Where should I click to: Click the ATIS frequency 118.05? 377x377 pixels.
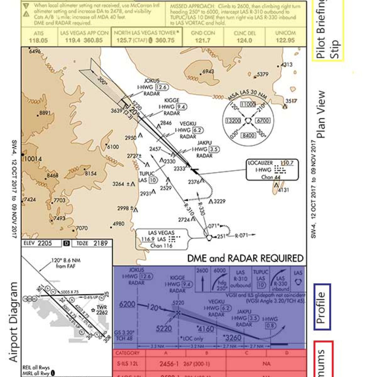pyautogui.click(x=38, y=40)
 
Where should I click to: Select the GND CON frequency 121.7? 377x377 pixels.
pyautogui.click(x=203, y=40)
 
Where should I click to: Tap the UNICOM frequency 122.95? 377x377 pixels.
pyautogui.click(x=285, y=40)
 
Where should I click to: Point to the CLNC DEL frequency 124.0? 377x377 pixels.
pyautogui.click(x=244, y=40)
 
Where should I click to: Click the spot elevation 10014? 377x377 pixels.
pyautogui.click(x=33, y=159)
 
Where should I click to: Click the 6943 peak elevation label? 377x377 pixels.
pyautogui.click(x=208, y=71)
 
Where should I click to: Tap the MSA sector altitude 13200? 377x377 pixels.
pyautogui.click(x=233, y=121)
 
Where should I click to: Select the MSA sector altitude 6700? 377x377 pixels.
pyautogui.click(x=263, y=121)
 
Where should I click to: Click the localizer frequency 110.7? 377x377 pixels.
pyautogui.click(x=287, y=163)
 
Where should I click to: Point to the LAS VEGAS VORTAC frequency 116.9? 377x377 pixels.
pyautogui.click(x=148, y=239)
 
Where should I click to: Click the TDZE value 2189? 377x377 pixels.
pyautogui.click(x=100, y=243)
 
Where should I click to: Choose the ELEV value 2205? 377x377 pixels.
pyautogui.click(x=45, y=243)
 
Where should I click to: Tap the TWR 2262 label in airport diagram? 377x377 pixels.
pyautogui.click(x=102, y=310)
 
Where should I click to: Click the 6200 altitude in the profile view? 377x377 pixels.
pyautogui.click(x=127, y=304)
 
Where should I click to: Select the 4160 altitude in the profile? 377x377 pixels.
pyautogui.click(x=206, y=329)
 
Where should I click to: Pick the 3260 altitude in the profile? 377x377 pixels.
pyautogui.click(x=233, y=338)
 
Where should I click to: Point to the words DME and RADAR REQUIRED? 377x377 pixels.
pyautogui.click(x=245, y=258)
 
